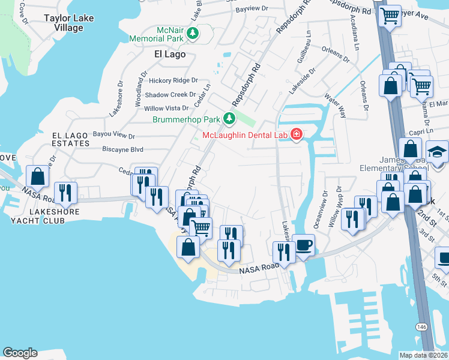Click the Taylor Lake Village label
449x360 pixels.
(x=69, y=23)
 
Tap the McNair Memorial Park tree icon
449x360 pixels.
(x=193, y=34)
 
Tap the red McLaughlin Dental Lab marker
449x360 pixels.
(x=296, y=134)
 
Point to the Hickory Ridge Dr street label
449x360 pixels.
(x=173, y=80)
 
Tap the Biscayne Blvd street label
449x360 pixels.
(x=122, y=149)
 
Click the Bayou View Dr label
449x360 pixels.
(x=115, y=136)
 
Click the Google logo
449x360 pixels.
(x=20, y=353)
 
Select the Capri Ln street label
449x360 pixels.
(x=421, y=132)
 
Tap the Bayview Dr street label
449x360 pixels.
(x=250, y=10)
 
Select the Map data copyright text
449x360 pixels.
(x=423, y=355)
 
